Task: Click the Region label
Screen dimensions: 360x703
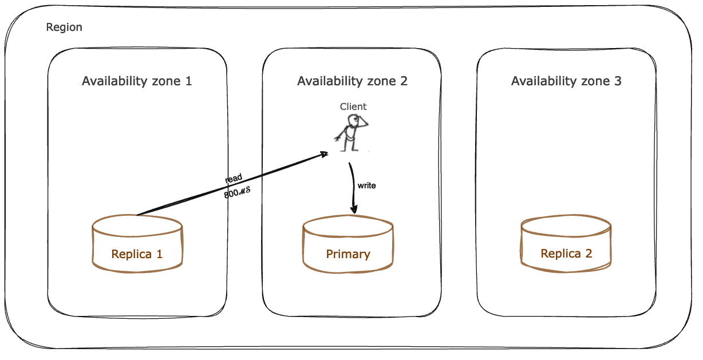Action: coord(64,27)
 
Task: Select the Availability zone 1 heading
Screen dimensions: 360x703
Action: coord(137,81)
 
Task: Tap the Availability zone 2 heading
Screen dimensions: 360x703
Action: coord(352,81)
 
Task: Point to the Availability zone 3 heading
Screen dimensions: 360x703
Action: coord(566,81)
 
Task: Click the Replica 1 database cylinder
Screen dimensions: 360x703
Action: coord(137,243)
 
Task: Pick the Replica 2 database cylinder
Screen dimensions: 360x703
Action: coord(566,243)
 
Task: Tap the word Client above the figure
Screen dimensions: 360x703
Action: coord(353,106)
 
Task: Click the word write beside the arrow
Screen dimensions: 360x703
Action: coord(366,185)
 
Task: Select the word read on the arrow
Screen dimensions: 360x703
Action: coord(234,179)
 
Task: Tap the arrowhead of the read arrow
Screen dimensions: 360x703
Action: coord(323,153)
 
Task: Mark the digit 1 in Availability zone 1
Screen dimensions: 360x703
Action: coord(188,81)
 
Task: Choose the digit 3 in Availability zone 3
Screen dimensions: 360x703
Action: coord(618,81)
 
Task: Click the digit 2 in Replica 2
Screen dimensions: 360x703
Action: coord(589,254)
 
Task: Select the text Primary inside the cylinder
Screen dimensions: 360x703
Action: coord(348,254)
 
